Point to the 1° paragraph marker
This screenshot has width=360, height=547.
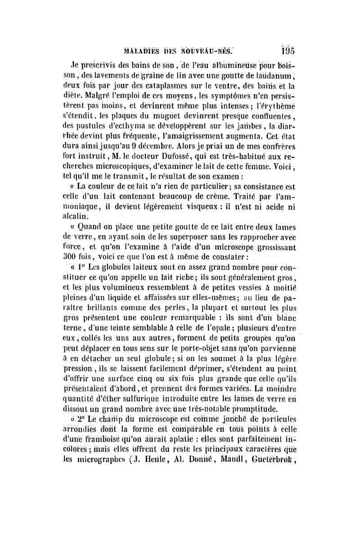click(82, 267)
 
